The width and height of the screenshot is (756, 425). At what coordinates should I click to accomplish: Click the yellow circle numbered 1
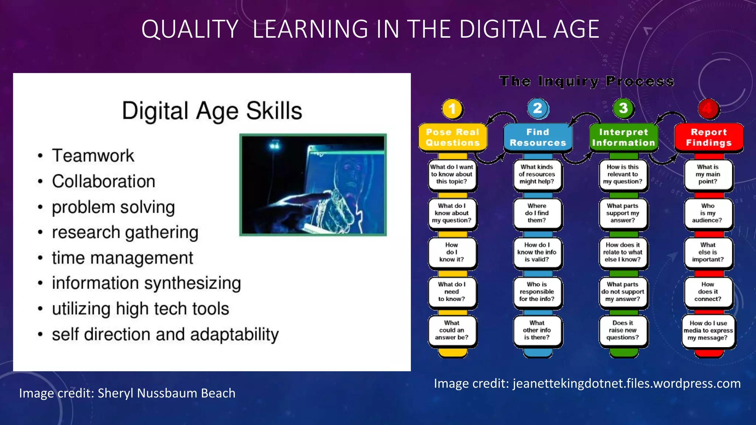coord(452,109)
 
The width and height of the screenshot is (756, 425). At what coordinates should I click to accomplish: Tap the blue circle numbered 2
coord(538,108)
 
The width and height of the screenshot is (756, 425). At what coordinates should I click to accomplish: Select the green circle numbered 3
coord(623,108)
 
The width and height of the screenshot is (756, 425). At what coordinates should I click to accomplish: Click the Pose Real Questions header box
coord(453,137)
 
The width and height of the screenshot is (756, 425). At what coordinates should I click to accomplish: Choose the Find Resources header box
coord(538,137)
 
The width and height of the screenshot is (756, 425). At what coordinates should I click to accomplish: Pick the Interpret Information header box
coord(623,137)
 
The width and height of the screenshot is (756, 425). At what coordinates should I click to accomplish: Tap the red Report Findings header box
coord(709,137)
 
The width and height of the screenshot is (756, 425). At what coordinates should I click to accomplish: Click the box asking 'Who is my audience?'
coord(708,213)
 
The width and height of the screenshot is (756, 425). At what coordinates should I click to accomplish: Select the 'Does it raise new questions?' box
coord(623,330)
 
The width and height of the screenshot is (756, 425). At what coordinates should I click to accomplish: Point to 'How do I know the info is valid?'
coord(537,252)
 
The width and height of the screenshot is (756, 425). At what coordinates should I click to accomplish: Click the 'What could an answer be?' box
coord(452,330)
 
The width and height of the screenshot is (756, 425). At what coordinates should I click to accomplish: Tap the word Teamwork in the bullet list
coord(93,156)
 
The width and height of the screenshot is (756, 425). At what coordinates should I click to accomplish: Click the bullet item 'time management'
coord(122,258)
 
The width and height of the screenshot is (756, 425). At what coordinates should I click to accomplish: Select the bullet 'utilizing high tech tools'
coord(140,309)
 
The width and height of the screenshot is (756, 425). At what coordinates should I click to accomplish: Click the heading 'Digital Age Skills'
coord(212,111)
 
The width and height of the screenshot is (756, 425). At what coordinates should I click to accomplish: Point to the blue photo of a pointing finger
coord(313,185)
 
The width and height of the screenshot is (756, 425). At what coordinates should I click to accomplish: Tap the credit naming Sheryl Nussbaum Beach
coord(127,393)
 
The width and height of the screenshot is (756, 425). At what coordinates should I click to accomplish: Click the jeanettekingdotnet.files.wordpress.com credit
coord(587,384)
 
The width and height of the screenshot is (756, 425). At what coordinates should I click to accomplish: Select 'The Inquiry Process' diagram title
coord(587,81)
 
